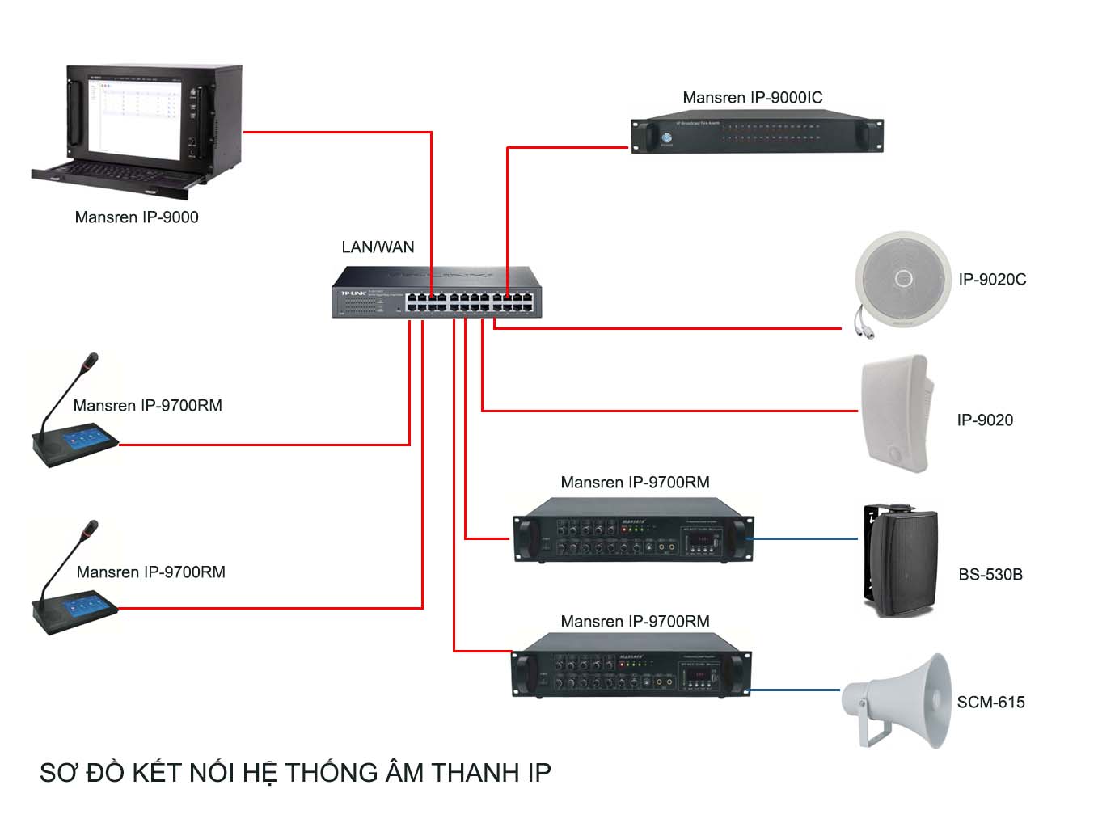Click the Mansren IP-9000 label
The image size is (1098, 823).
(137, 217)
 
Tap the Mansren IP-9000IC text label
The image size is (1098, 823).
(752, 97)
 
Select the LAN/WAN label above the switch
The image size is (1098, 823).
(378, 247)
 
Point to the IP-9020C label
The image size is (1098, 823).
(992, 279)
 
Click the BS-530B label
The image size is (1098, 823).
(990, 574)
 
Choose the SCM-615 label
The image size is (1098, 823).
(990, 702)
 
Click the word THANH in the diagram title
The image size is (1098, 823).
(475, 773)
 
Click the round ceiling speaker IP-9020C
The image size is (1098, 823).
(902, 280)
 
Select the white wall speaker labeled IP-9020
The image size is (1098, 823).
(896, 412)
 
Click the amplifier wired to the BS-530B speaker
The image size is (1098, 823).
(633, 530)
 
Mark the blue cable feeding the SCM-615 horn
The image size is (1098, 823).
(796, 690)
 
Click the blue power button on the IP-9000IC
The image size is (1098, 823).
(666, 137)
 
